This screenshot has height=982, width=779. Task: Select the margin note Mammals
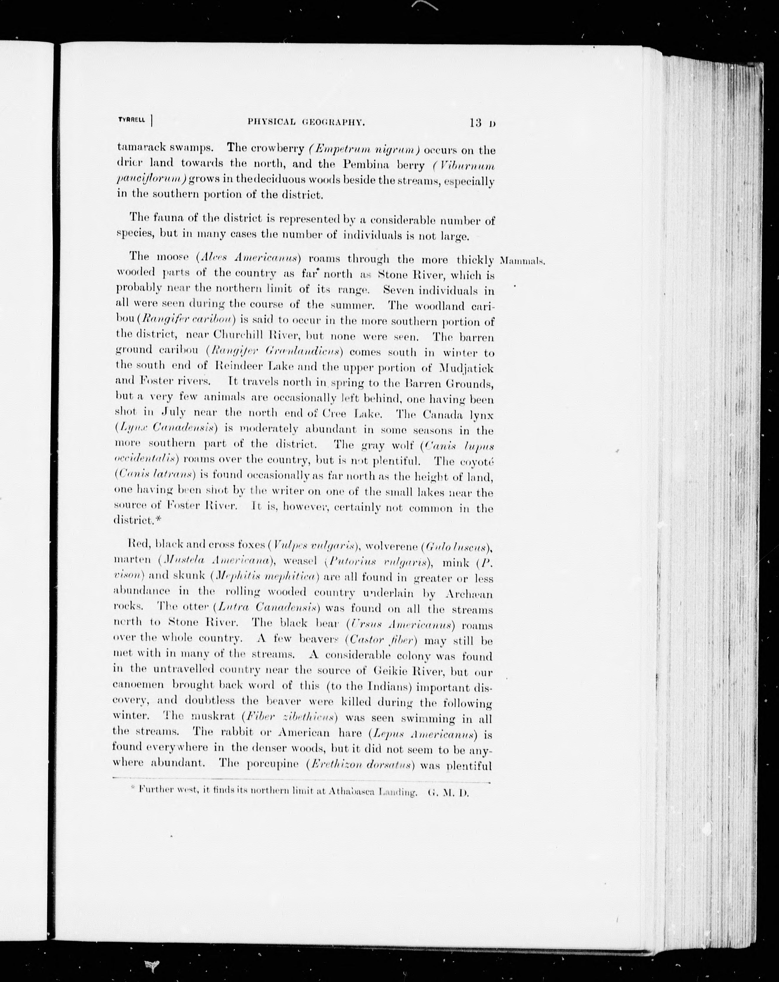tap(522, 261)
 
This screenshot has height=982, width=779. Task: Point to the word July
tap(174, 412)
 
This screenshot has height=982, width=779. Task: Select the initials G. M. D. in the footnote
tap(448, 792)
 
